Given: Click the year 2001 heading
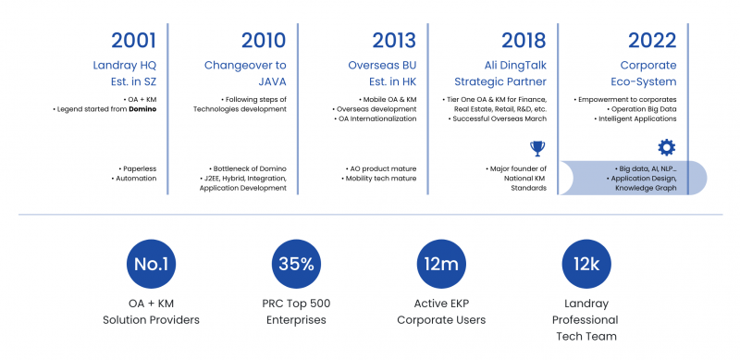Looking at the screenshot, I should pos(133,40).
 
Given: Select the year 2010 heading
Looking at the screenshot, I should pos(264,40).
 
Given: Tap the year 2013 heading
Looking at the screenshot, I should pos(394,40).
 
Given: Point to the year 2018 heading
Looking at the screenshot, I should pos(524,40).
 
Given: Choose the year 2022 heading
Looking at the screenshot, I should pos(653,40).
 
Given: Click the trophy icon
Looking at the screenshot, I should pos(537,147).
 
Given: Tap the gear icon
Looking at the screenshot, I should pos(666,147).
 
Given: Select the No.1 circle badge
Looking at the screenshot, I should pos(152,265).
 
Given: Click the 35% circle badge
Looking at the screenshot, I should pos(296,265).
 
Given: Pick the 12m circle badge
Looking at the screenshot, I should pos(441,265).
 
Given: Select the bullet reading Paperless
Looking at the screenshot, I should pos(138,168).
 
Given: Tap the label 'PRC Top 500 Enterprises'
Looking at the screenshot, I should pos(296,311).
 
